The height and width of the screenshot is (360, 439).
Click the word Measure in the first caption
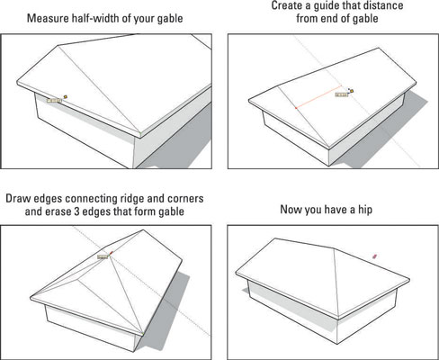click(50, 17)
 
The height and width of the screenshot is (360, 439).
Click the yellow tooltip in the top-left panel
click(55, 100)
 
